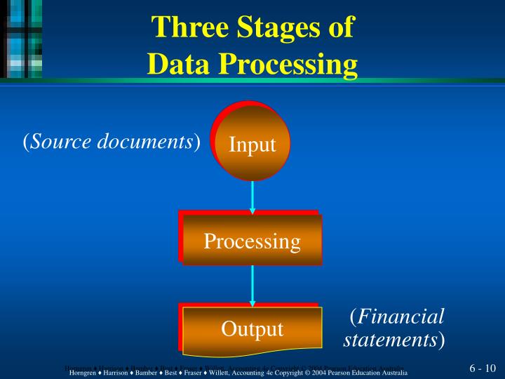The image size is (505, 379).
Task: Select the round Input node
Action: point(252,145)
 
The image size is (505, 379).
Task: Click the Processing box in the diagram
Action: point(252,241)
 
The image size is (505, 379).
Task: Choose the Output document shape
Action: point(252,328)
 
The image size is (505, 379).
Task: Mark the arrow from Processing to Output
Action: point(252,284)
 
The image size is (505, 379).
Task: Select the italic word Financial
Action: point(401,317)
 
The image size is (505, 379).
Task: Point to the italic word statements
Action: point(390,340)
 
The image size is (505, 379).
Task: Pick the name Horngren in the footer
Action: point(83,372)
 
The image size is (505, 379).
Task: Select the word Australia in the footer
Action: point(393,372)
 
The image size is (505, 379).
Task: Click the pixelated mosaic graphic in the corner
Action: point(21,39)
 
